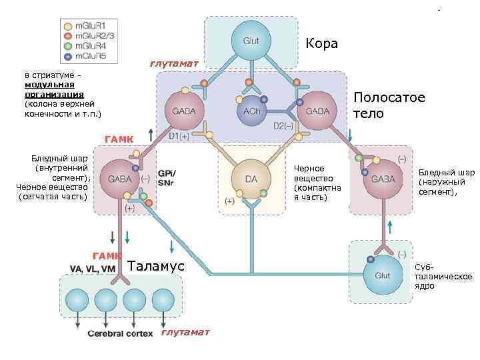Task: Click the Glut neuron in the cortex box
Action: tap(251, 41)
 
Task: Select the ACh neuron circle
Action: tap(251, 110)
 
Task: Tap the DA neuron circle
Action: tap(251, 179)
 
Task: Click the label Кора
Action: tap(321, 44)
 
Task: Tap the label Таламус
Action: tap(155, 265)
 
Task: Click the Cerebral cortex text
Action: tap(121, 333)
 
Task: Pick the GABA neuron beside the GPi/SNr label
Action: tap(119, 179)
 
